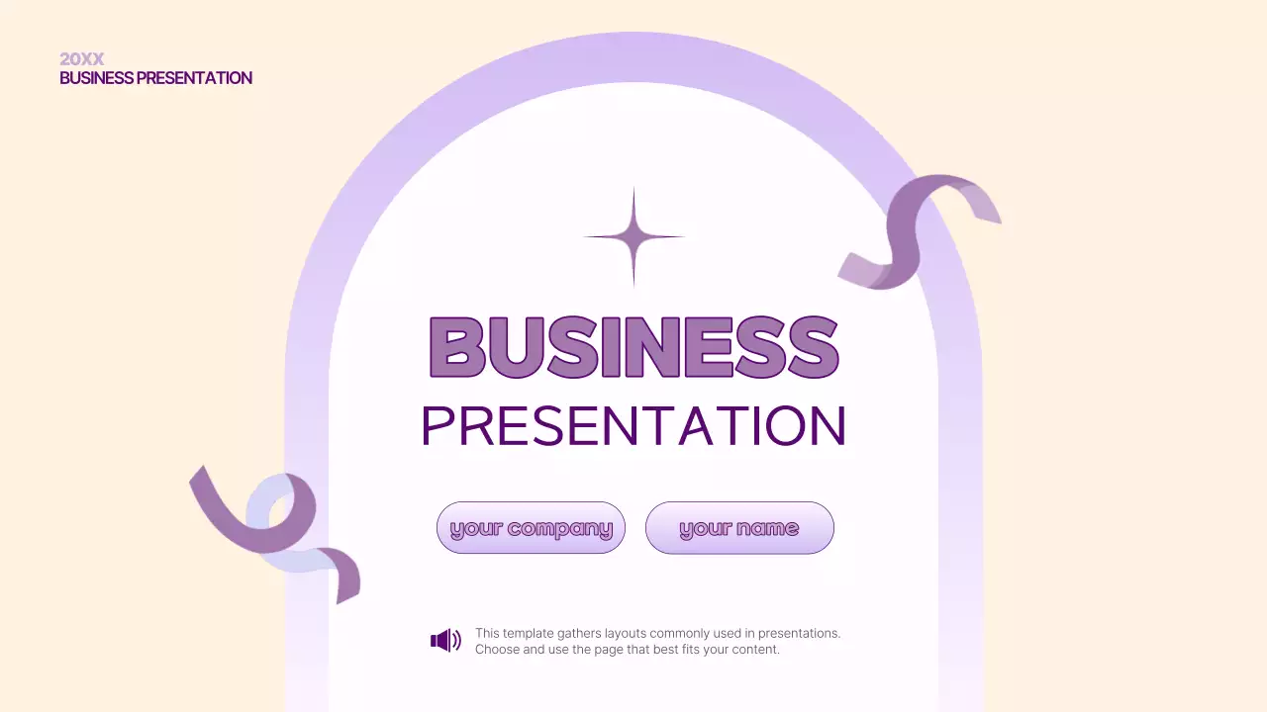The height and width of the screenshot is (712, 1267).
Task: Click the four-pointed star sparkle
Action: (x=633, y=237)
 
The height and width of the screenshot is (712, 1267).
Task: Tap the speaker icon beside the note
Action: (x=445, y=641)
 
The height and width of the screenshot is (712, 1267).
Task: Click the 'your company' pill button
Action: (x=531, y=528)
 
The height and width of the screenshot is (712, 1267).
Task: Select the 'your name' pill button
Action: (x=739, y=528)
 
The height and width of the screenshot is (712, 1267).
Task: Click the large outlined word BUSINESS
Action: (x=633, y=347)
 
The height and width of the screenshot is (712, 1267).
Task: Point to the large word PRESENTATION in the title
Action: (x=633, y=426)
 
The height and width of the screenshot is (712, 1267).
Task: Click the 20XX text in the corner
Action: (x=81, y=59)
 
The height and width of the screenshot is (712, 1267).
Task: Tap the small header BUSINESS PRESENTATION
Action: (x=155, y=78)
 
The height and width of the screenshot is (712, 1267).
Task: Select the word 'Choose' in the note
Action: (x=498, y=650)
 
